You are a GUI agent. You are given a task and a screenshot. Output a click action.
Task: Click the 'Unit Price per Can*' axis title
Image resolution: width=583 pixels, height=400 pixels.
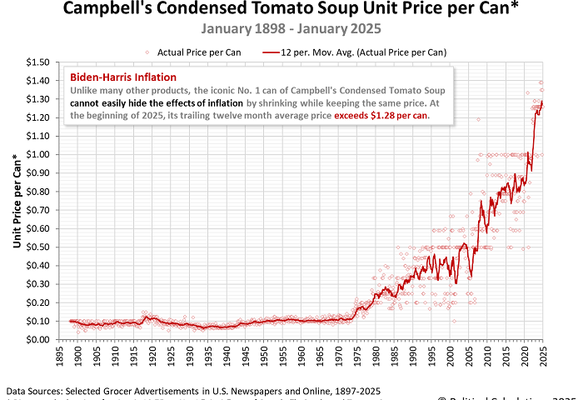[17, 201]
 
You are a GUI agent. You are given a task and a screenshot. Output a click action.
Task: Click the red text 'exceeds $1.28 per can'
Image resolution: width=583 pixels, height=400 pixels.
[381, 116]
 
